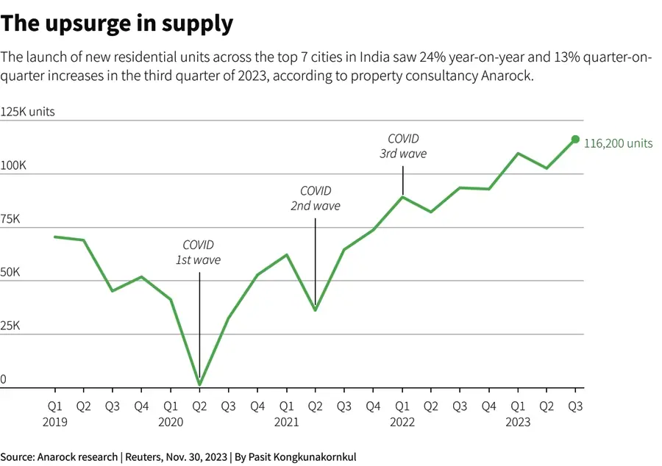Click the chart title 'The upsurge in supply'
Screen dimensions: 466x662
click(x=117, y=24)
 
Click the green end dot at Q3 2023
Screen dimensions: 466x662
click(x=575, y=139)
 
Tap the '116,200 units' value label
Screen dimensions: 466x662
click(x=618, y=143)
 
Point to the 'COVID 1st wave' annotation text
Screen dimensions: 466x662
click(x=198, y=252)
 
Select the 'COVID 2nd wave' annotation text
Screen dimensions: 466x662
click(x=315, y=198)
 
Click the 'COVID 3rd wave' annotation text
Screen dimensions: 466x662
click(x=402, y=146)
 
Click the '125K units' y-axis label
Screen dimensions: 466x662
click(x=27, y=112)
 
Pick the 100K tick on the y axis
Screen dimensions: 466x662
click(x=13, y=167)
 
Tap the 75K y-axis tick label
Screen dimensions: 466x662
click(x=11, y=220)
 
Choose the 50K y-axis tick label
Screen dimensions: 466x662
click(x=11, y=273)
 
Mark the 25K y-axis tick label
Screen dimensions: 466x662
click(x=11, y=326)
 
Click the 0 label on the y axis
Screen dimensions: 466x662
click(x=4, y=379)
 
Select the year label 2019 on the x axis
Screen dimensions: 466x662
click(x=54, y=422)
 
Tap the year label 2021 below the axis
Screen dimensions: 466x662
click(x=286, y=422)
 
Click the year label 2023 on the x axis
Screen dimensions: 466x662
click(x=518, y=422)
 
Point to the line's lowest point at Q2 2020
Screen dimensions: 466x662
click(x=199, y=384)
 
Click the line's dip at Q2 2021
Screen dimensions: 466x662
click(x=315, y=309)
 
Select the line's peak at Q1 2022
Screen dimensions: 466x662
click(x=402, y=196)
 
